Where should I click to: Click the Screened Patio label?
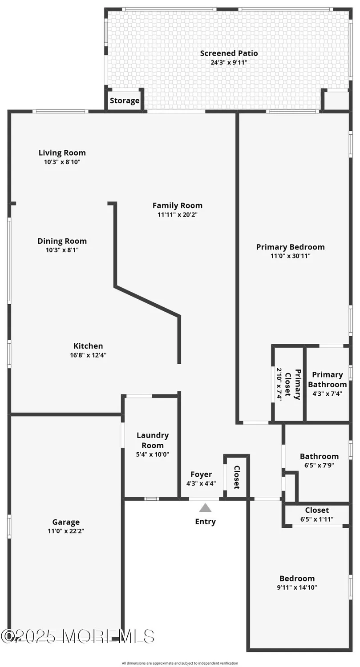pos(229,53)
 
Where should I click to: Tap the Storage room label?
pos(125,100)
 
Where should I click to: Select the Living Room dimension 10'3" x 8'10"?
pos(62,162)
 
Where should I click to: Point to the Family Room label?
pos(177,205)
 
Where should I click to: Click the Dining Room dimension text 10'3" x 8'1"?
pos(62,250)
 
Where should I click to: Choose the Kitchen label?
pos(88,346)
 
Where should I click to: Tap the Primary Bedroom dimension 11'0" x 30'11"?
pos(290,256)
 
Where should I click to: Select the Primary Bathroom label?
pos(327,379)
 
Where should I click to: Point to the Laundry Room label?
pos(153,440)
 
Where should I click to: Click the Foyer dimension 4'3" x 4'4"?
pos(201,484)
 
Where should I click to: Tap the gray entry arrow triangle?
pos(205,508)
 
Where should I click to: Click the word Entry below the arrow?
pos(205,522)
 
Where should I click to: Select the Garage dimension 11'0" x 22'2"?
pos(66,531)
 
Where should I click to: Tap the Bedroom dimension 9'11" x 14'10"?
pos(297,587)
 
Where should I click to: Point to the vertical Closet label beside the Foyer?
pos(237,477)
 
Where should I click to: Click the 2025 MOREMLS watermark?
pos(78,636)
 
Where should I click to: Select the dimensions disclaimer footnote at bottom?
pos(180,663)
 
